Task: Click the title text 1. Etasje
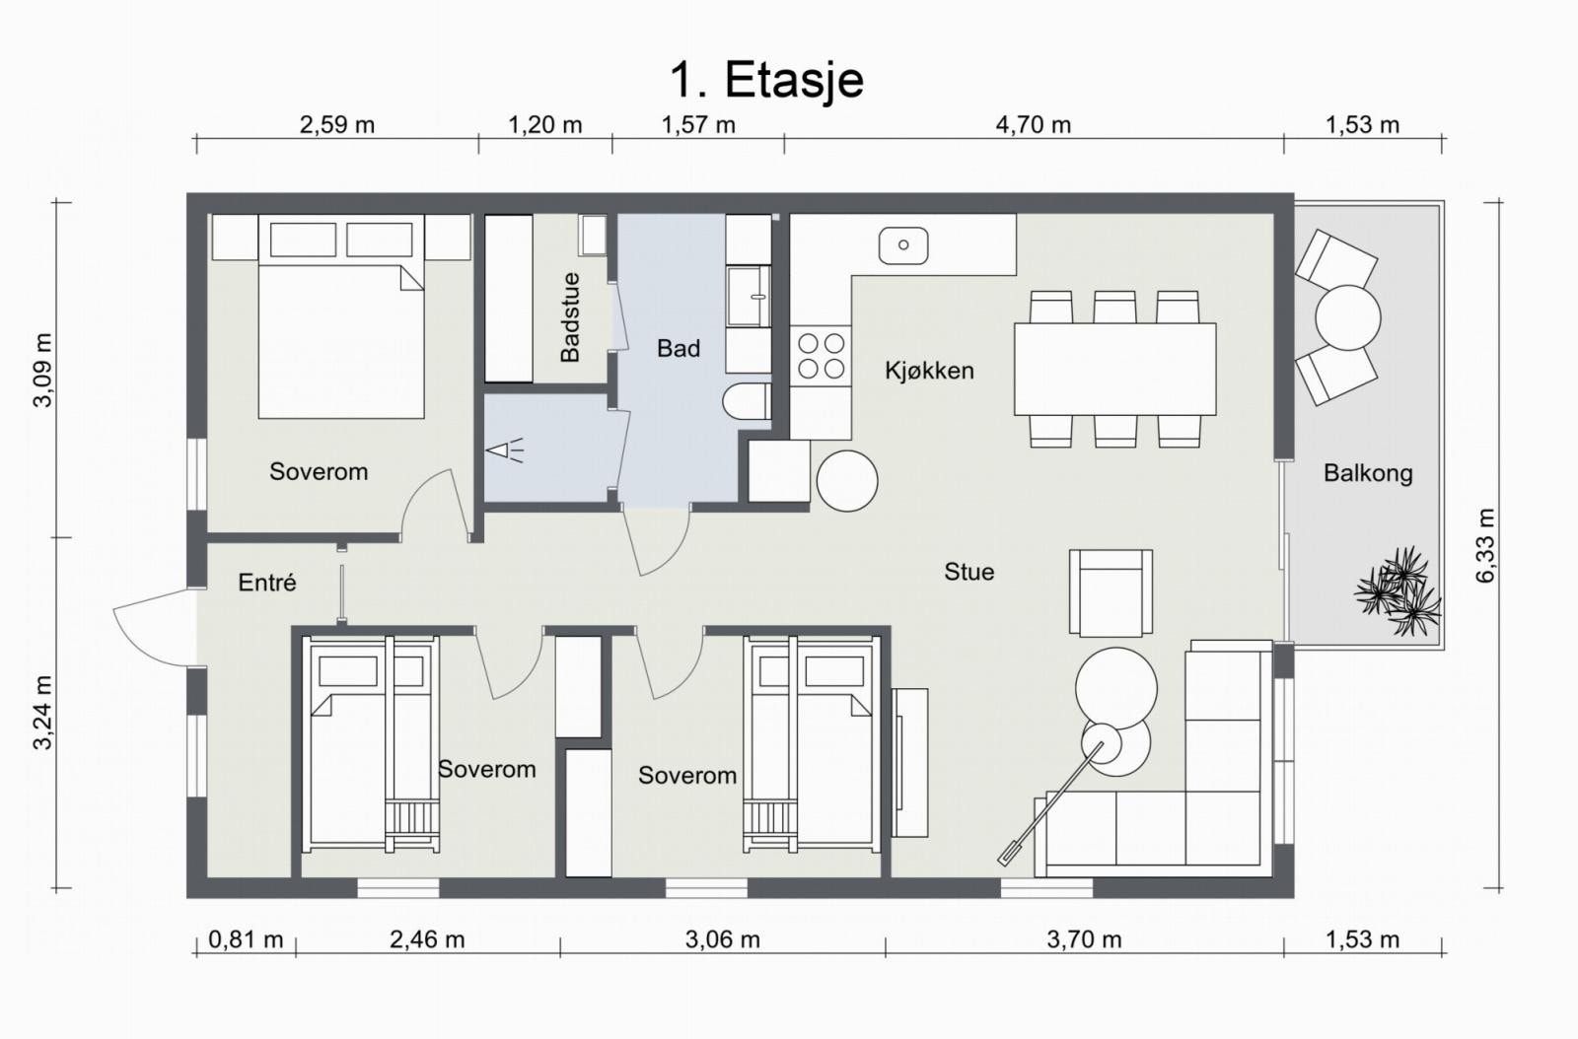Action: (x=765, y=80)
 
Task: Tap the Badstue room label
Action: (x=570, y=317)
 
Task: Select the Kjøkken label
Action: (x=929, y=371)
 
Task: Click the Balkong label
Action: (x=1368, y=473)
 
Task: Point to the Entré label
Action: (x=267, y=583)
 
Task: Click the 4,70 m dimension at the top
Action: (x=1033, y=125)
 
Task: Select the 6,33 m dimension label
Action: (x=1484, y=545)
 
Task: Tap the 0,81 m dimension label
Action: (x=246, y=939)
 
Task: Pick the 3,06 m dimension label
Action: (x=723, y=939)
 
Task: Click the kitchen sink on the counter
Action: (x=903, y=245)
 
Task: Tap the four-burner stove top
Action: (x=821, y=356)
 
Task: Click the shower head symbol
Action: (x=505, y=450)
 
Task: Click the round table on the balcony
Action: (x=1347, y=317)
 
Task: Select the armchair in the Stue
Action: (x=1111, y=592)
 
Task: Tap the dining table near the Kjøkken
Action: (x=1115, y=369)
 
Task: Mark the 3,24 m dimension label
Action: (x=43, y=713)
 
